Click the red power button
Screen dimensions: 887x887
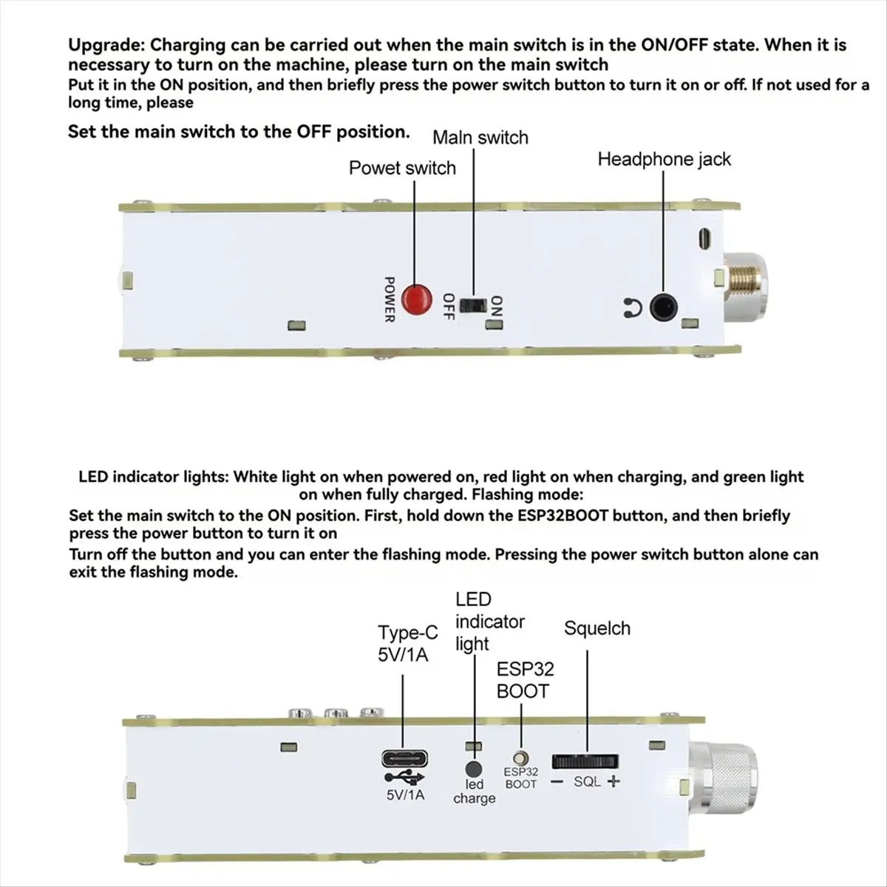(x=416, y=299)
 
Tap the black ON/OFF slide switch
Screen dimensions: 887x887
(x=472, y=305)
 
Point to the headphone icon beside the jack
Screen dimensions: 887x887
(x=631, y=308)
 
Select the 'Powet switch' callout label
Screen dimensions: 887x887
(x=402, y=169)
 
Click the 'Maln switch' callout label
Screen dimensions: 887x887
(x=480, y=137)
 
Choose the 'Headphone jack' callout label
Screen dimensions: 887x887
(x=664, y=159)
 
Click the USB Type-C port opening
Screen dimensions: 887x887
(x=404, y=759)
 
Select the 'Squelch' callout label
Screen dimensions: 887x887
(x=597, y=629)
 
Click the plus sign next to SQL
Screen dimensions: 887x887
(x=613, y=781)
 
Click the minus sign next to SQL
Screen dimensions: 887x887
(x=558, y=782)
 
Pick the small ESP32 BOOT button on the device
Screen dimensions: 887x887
(x=522, y=758)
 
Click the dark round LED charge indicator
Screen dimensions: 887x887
(x=474, y=769)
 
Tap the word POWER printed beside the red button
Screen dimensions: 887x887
(x=390, y=299)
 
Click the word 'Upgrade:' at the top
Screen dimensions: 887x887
(x=106, y=45)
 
